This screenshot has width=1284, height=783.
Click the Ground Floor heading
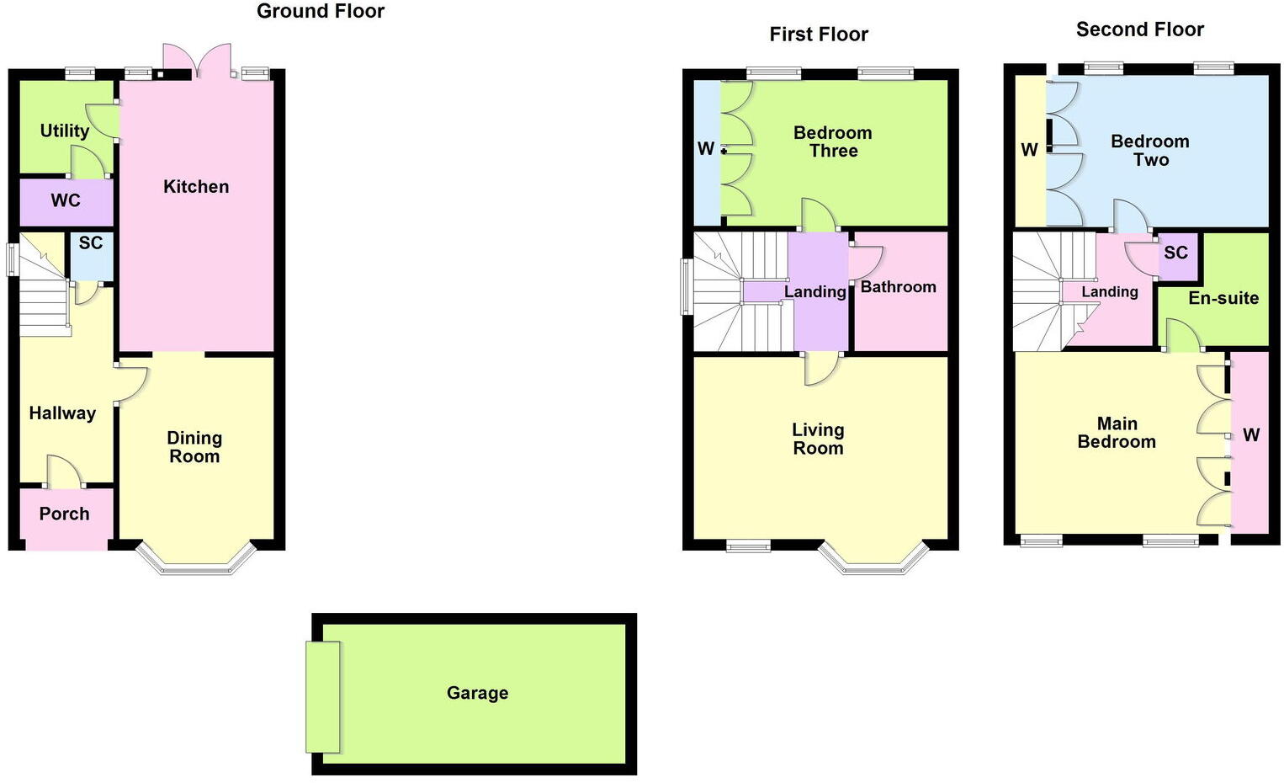click(x=321, y=12)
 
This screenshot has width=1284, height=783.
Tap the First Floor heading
click(x=819, y=35)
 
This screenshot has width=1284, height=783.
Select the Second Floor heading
click(x=1140, y=30)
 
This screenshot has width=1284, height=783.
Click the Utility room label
click(x=65, y=130)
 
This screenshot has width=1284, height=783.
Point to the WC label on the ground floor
click(x=66, y=200)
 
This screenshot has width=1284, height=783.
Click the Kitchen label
click(x=196, y=187)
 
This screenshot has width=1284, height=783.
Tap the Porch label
click(x=64, y=514)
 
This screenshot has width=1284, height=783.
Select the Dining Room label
click(x=194, y=447)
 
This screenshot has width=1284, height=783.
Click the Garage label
click(x=477, y=693)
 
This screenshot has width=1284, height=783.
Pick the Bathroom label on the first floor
click(x=898, y=287)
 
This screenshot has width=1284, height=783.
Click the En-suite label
click(x=1223, y=298)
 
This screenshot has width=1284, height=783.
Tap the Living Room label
click(x=818, y=439)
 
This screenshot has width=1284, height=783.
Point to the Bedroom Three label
click(x=833, y=141)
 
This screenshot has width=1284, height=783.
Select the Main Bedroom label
click(x=1117, y=433)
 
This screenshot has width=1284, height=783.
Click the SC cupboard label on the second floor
click(x=1175, y=253)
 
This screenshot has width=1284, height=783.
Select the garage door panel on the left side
click(x=323, y=696)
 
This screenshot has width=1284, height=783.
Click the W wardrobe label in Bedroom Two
click(x=1029, y=151)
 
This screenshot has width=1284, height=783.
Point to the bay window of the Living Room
click(x=873, y=562)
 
